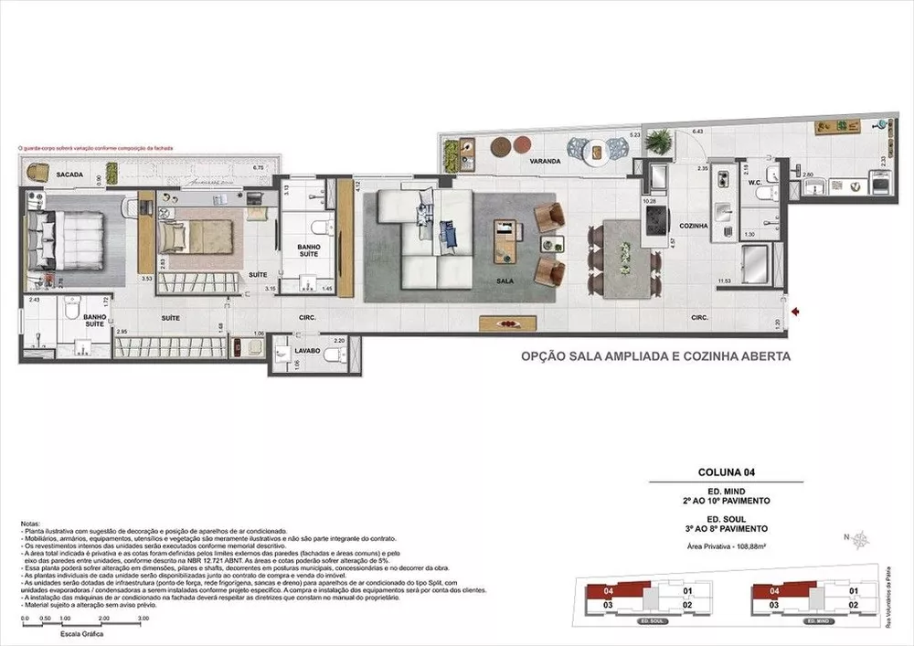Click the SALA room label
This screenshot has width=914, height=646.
click(504, 281)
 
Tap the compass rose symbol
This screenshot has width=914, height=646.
click(860, 540)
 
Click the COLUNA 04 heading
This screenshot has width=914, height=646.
click(725, 473)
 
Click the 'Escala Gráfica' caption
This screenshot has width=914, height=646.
click(80, 633)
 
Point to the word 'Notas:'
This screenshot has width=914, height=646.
click(30, 524)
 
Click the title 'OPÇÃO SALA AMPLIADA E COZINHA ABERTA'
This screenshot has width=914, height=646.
click(655, 357)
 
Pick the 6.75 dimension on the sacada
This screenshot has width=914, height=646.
click(258, 168)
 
